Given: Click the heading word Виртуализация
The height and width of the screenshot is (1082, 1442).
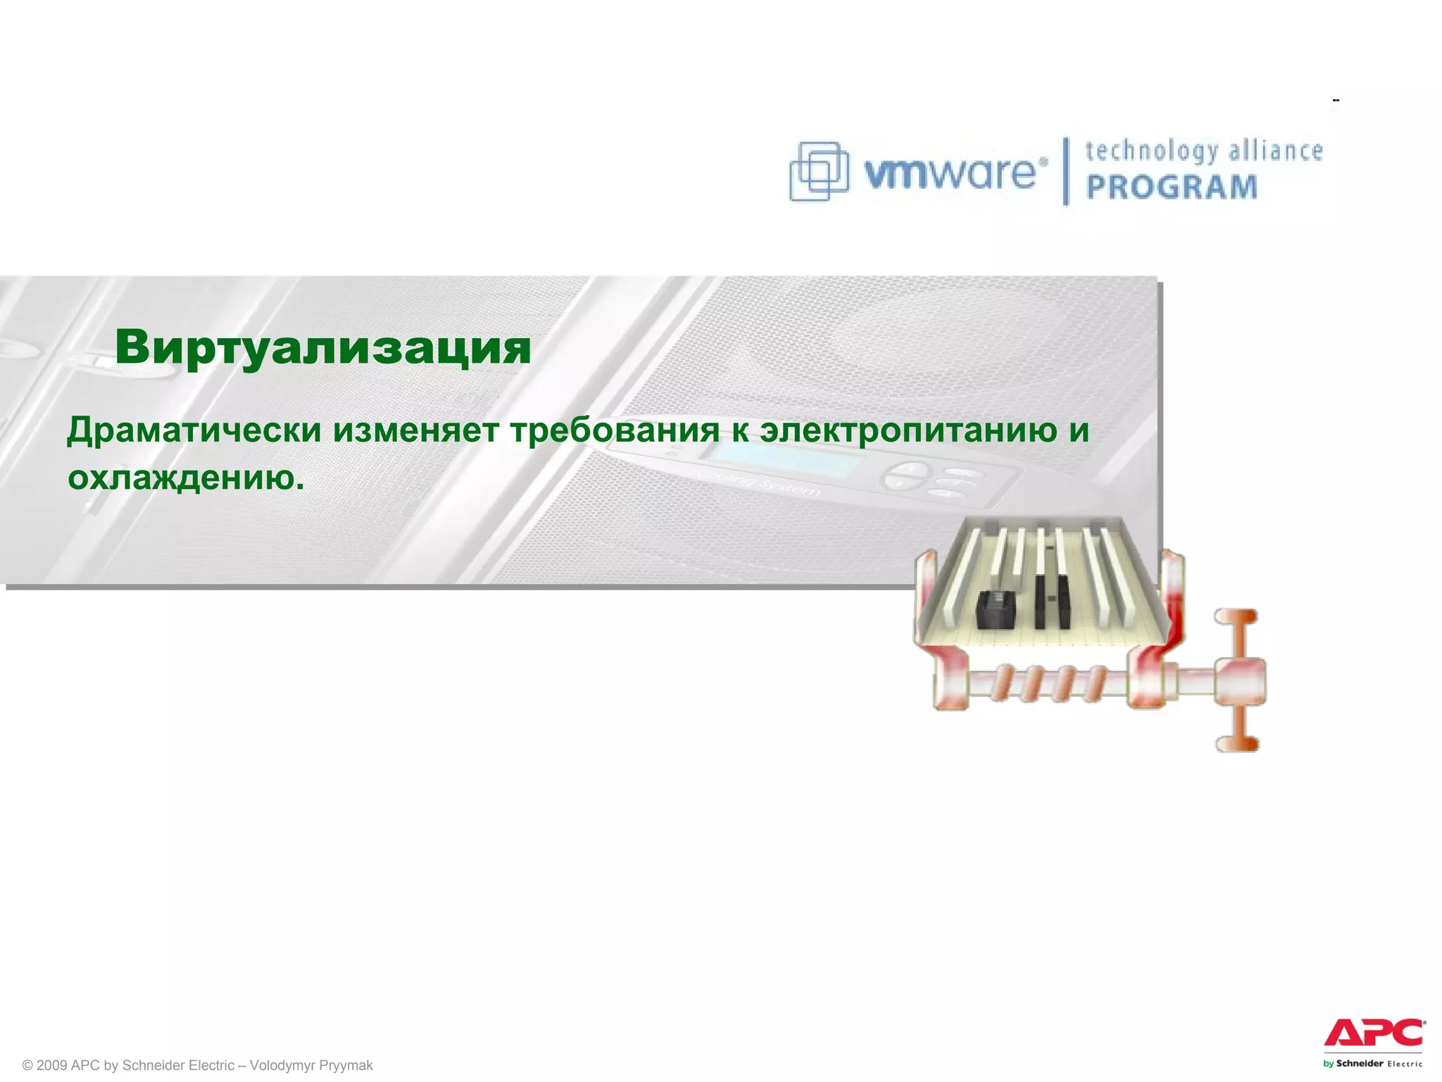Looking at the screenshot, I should (323, 347).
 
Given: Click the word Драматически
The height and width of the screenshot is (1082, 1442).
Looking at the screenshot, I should (194, 430).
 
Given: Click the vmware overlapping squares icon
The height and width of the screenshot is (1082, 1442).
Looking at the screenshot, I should (819, 171).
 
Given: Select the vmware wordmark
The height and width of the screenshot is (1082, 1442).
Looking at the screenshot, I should (951, 173).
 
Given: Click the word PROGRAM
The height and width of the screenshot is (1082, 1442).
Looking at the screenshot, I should (1172, 187).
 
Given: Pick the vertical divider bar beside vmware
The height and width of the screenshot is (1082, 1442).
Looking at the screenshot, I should (1066, 171).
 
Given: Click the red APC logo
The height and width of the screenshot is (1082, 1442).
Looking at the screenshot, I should (1374, 1033).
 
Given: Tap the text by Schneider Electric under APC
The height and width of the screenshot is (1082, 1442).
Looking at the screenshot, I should (1372, 1064).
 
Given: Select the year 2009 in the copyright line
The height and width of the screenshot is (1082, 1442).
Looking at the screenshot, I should (51, 1065).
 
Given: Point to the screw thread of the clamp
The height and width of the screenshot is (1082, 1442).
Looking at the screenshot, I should (1049, 683).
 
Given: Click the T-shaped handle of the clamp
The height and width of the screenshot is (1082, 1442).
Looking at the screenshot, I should (1239, 680).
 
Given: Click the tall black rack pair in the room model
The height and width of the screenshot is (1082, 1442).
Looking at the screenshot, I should (1052, 599).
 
